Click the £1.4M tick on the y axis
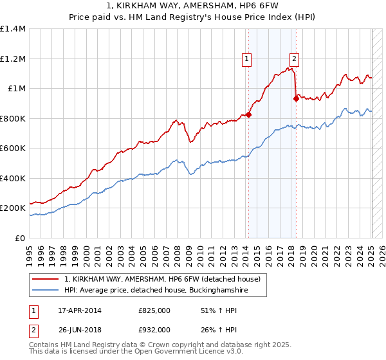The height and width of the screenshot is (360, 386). pos(13,29)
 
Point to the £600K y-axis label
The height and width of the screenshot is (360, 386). pos(13,148)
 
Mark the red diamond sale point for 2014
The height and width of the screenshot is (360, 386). pos(248,115)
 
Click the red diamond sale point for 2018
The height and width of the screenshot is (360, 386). pos(296,99)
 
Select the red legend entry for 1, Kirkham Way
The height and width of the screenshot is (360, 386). pos(161,279)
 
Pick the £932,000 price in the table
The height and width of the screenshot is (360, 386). pos(154,329)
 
